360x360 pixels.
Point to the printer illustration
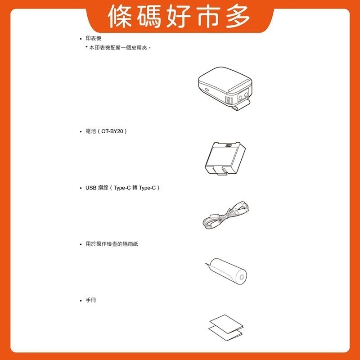(225, 85)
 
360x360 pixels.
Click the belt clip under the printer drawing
(239, 106)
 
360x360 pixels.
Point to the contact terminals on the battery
(228, 146)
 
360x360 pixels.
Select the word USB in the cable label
(90, 187)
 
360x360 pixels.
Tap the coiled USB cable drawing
(225, 216)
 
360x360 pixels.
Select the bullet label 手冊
(90, 300)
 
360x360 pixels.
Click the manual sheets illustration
(225, 327)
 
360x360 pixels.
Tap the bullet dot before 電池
(80, 131)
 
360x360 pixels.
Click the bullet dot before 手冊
(80, 300)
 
